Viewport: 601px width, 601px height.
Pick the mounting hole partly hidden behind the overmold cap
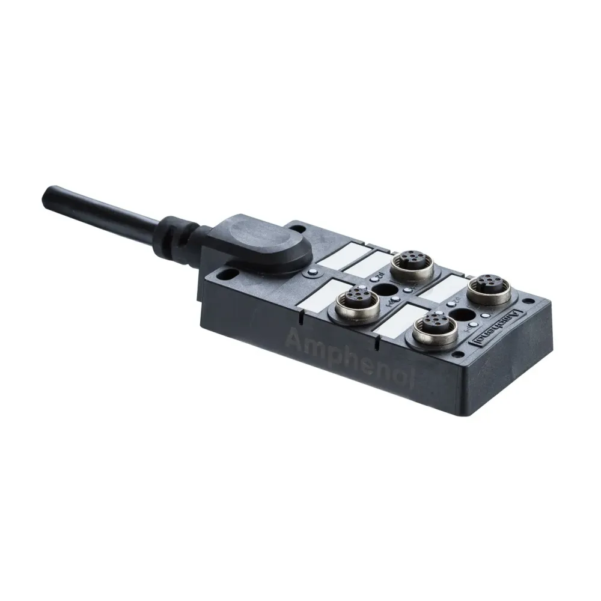pyautogui.click(x=296, y=227)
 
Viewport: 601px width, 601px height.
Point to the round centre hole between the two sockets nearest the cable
pyautogui.click(x=385, y=294)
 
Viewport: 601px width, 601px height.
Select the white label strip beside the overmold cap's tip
pyautogui.click(x=341, y=255)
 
